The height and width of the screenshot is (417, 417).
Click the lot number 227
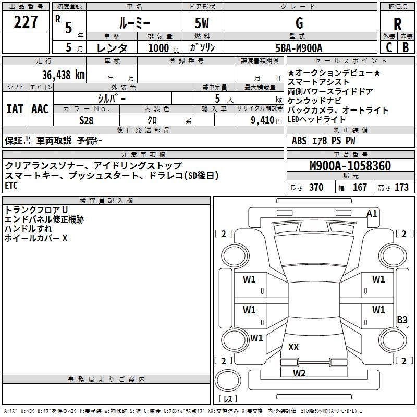pyautogui.click(x=26, y=22)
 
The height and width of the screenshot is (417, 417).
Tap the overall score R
pyautogui.click(x=397, y=24)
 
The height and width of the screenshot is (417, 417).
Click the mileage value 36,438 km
pyautogui.click(x=52, y=75)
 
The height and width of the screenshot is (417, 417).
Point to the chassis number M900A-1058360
pyautogui.click(x=350, y=166)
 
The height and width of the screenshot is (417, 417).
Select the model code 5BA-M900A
pyautogui.click(x=299, y=47)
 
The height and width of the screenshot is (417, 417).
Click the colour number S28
pyautogui.click(x=87, y=120)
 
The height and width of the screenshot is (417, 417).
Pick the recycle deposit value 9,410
pyautogui.click(x=262, y=120)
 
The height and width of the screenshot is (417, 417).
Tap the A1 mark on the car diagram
pyautogui.click(x=372, y=213)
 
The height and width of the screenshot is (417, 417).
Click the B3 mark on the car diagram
pyautogui.click(x=402, y=320)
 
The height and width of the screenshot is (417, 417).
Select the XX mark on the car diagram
pyautogui.click(x=293, y=347)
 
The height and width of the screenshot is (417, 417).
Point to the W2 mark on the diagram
pyautogui.click(x=299, y=373)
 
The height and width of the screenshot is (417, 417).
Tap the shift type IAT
pyautogui.click(x=15, y=109)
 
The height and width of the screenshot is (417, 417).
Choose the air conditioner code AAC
pyautogui.click(x=40, y=109)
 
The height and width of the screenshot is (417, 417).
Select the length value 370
pyautogui.click(x=316, y=188)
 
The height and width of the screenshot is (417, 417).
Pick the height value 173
pyautogui.click(x=401, y=188)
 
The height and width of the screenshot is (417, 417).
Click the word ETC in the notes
pyautogui.click(x=11, y=185)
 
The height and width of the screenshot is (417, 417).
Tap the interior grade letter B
pyautogui.click(x=406, y=47)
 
